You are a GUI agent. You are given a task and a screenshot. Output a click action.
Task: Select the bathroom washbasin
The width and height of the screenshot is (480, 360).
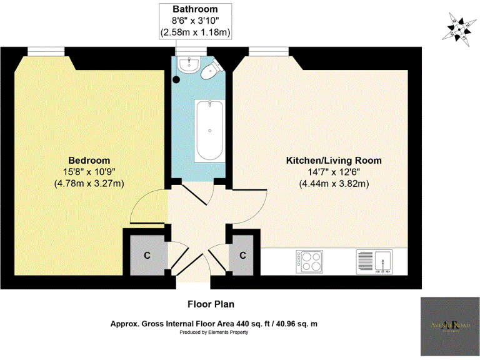[x=187, y=64]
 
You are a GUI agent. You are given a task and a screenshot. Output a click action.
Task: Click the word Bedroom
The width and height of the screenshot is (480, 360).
[x=89, y=160]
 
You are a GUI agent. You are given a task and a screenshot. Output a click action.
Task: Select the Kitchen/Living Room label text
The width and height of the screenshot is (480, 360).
[x=334, y=161]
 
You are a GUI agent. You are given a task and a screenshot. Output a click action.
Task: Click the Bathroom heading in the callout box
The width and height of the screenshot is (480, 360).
[x=196, y=9]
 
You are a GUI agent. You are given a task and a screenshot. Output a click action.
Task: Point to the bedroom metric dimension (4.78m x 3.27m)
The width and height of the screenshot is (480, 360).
[x=89, y=183]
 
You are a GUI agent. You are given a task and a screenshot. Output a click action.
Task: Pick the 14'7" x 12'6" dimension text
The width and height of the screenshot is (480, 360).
[x=334, y=172]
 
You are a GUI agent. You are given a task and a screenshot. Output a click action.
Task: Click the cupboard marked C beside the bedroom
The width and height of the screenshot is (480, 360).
[x=147, y=254]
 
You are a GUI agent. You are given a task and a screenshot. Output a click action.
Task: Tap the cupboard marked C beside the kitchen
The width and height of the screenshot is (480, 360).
[x=242, y=254]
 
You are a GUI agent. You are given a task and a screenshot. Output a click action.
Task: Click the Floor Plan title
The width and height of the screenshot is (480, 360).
[x=211, y=304]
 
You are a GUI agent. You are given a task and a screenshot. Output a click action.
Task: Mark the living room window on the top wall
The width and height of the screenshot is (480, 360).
[x=269, y=51]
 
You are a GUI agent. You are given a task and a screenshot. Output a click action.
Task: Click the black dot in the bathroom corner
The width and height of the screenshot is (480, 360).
[x=177, y=79]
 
